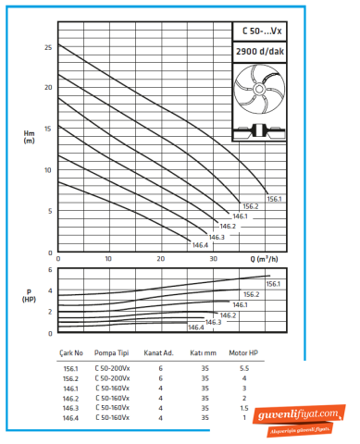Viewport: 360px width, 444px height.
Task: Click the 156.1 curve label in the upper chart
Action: pyautogui.click(x=274, y=199)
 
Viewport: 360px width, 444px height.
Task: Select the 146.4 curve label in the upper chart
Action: pyautogui.click(x=199, y=245)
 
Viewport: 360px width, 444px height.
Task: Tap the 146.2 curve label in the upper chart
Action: pyautogui.click(x=228, y=226)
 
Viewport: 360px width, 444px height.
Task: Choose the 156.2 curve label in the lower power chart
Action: pyautogui.click(x=251, y=294)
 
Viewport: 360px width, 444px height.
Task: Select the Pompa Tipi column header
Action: pyautogui.click(x=111, y=352)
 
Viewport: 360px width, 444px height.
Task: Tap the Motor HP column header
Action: pyautogui.click(x=244, y=352)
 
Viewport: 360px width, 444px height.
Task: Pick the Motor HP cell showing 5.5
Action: pyautogui.click(x=244, y=368)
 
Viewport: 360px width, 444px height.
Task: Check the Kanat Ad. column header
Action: pyautogui.click(x=159, y=352)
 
